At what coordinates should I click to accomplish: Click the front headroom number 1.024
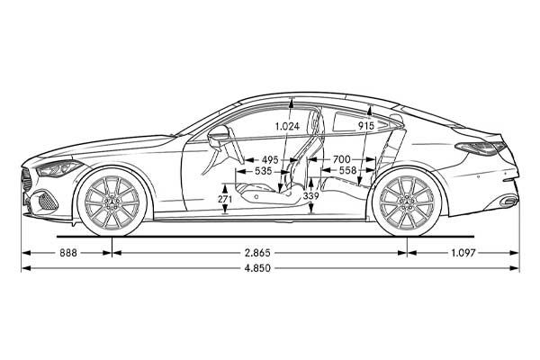[x=287, y=127]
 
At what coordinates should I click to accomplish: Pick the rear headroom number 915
[x=365, y=126]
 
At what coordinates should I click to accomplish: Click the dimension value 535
[x=264, y=170]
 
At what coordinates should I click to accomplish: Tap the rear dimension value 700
[x=341, y=159]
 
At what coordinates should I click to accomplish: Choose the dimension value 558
[x=347, y=170]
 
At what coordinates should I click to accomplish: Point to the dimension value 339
[x=310, y=196]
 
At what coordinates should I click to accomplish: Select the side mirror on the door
[x=218, y=137]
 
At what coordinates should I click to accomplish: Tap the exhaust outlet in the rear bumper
[x=508, y=200]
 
